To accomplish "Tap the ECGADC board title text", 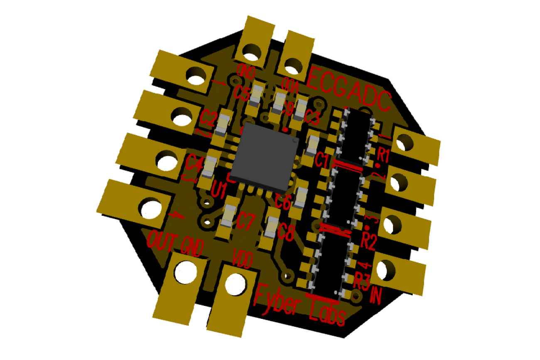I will tap(350, 89).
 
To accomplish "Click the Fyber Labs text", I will tap(299, 304).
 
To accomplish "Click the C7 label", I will tap(245, 222).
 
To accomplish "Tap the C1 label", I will tap(322, 160).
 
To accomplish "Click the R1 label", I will tap(383, 155).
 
